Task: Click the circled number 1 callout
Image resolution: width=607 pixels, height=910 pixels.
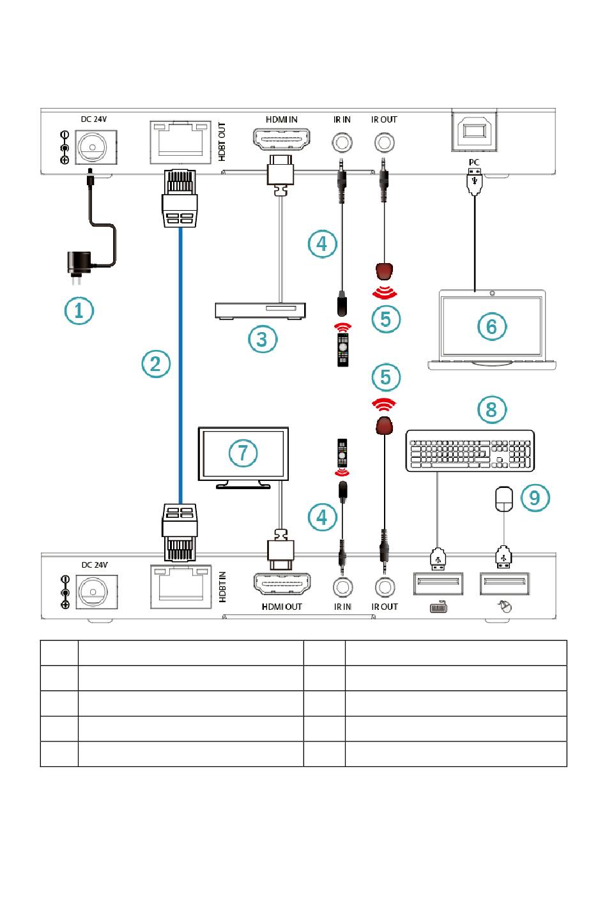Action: pos(79,311)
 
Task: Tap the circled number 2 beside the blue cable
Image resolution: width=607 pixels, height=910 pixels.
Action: pos(156,364)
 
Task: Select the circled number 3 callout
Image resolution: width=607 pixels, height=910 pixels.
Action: pos(263,339)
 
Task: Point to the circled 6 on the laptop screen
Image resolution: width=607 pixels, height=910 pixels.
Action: pos(492,326)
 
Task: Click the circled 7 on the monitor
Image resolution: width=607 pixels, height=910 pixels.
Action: pos(243,453)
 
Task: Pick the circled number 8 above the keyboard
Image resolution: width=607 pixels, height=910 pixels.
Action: pos(492,409)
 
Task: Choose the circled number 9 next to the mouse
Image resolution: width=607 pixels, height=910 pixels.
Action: pos(535,497)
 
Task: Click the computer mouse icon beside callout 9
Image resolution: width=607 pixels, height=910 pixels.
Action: pos(504,499)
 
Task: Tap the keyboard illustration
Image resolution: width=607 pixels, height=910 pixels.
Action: pos(470,451)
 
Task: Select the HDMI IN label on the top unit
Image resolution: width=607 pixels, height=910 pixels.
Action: pos(281,119)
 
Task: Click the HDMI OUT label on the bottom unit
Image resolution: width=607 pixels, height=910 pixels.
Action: pos(282,607)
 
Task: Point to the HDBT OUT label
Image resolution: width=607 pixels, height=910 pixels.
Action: pos(222,142)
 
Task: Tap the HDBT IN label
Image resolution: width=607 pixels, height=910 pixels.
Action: pos(222,587)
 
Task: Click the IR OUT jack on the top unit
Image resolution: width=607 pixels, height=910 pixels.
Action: pos(384,142)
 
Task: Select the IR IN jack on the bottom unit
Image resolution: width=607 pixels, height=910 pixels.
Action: pos(342,587)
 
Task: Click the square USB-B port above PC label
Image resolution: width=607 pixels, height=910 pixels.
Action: pos(475,131)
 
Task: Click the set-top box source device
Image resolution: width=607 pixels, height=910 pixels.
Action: pos(260,311)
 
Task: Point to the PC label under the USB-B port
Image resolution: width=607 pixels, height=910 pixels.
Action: pos(473,162)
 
